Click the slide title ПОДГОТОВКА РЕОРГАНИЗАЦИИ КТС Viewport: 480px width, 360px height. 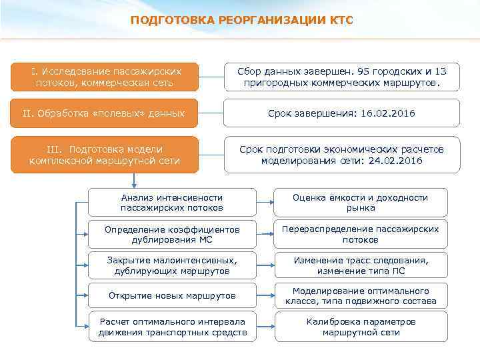(x=242, y=20)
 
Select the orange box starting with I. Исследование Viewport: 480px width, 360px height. (x=105, y=77)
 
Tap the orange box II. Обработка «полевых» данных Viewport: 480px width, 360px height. (x=105, y=113)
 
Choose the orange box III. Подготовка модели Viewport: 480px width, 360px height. (x=105, y=155)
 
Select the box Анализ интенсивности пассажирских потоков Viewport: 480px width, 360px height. (x=172, y=203)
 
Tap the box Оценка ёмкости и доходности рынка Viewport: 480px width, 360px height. (x=361, y=203)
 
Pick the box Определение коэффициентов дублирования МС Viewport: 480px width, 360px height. (x=172, y=234)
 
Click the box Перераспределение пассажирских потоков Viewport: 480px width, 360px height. (x=361, y=234)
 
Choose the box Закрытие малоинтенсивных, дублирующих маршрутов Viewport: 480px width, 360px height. (x=172, y=265)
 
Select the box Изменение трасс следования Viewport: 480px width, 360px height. (x=361, y=265)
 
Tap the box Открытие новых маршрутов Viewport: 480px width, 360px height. (x=172, y=295)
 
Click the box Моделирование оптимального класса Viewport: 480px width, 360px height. (x=361, y=296)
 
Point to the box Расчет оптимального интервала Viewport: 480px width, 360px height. (x=172, y=327)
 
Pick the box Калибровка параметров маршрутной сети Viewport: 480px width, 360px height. (x=361, y=327)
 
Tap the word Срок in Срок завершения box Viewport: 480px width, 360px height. (x=279, y=113)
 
